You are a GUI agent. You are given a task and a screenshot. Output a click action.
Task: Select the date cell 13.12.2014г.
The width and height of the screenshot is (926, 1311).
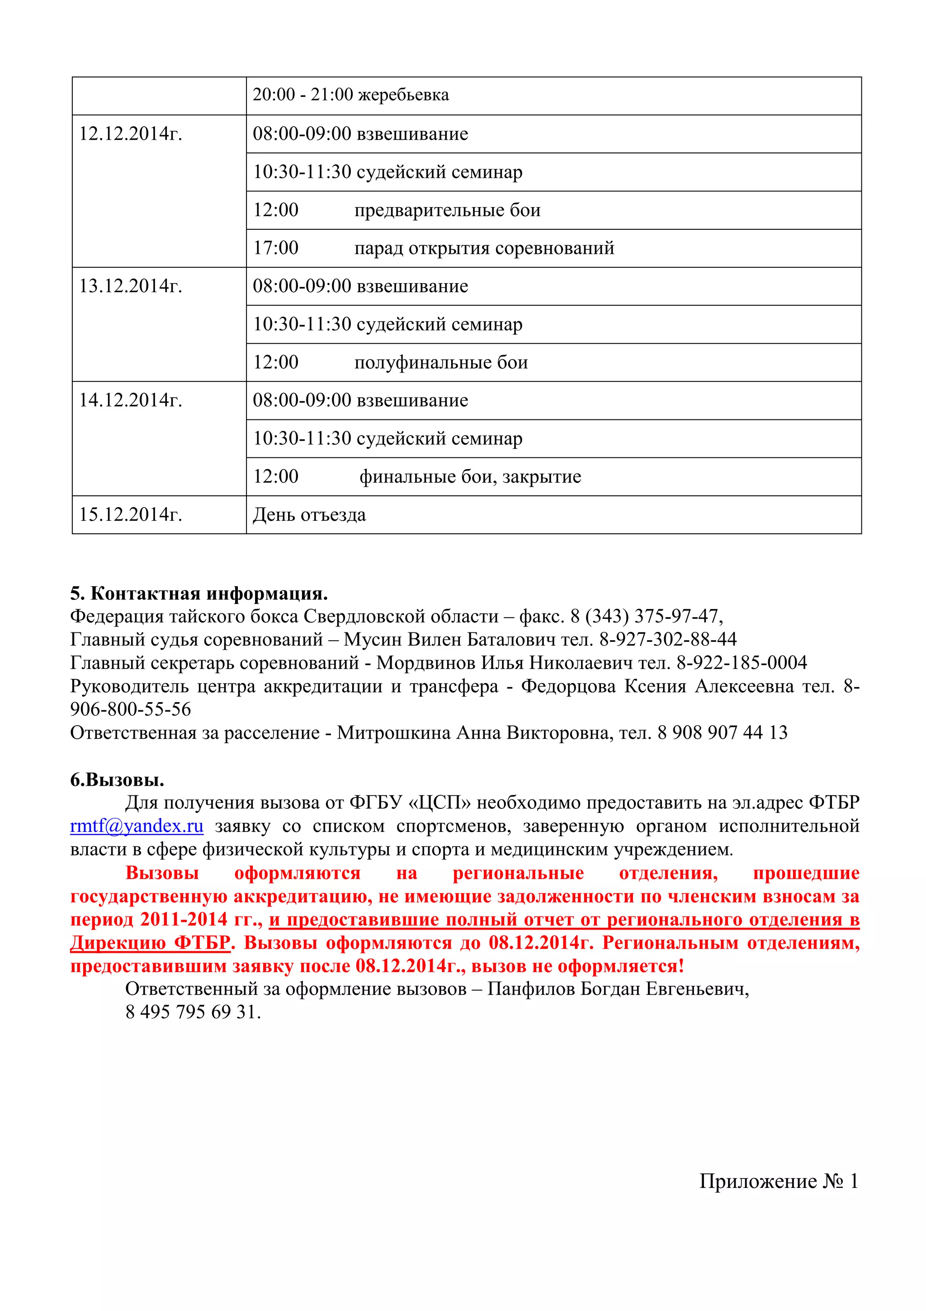[131, 286]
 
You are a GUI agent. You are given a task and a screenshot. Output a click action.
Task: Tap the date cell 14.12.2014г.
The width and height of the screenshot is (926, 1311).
[131, 400]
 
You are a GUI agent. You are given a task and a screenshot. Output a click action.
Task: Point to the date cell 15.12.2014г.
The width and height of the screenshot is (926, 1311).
[131, 514]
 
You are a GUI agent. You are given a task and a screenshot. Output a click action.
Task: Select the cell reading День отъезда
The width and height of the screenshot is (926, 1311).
[309, 515]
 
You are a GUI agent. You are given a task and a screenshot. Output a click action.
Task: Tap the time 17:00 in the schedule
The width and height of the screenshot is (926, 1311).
[275, 248]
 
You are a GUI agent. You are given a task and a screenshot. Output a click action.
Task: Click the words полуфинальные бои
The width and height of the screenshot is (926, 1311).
[441, 362]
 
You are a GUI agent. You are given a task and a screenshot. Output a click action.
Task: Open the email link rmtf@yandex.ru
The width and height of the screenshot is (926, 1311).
[137, 826]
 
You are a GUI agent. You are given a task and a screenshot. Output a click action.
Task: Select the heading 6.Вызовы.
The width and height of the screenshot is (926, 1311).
[117, 779]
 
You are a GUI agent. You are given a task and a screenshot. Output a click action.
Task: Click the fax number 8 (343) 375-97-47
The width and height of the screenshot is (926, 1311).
[647, 616]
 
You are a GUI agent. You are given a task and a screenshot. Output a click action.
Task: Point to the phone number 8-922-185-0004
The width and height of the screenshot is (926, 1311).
[742, 662]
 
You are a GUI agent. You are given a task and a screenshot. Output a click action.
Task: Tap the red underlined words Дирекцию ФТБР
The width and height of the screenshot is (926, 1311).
[150, 943]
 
